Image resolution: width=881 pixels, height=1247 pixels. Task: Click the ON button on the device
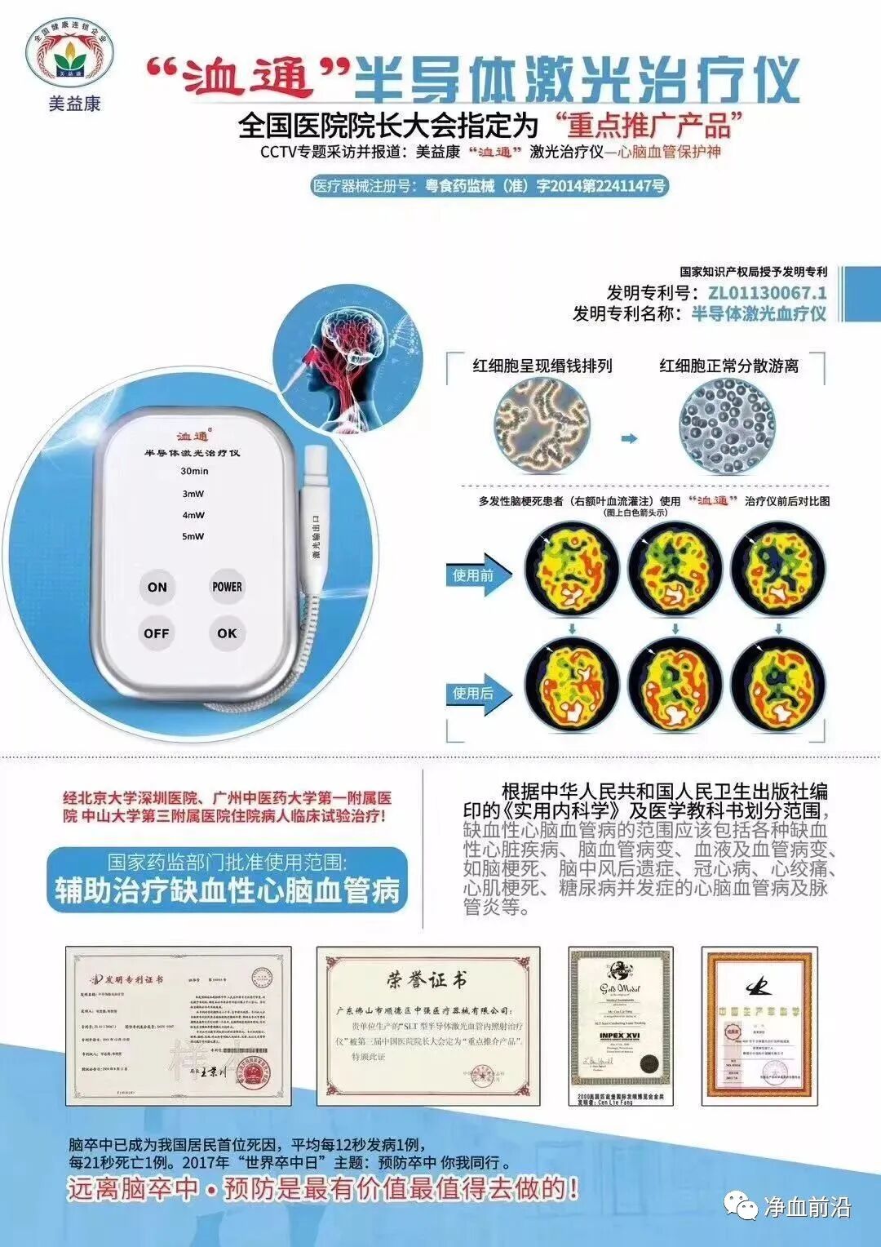(x=157, y=586)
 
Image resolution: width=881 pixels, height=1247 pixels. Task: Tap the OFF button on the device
(x=157, y=633)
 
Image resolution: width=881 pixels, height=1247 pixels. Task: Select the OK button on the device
(x=227, y=633)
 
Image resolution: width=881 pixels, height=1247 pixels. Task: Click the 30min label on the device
(x=194, y=471)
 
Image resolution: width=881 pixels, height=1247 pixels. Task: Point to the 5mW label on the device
(x=193, y=536)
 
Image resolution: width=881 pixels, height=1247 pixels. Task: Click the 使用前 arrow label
(x=475, y=575)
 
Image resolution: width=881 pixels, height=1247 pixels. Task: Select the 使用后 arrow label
(x=475, y=694)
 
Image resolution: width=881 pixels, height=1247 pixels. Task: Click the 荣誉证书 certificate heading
(x=427, y=979)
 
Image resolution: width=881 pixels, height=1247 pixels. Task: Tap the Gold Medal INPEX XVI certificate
(x=620, y=1026)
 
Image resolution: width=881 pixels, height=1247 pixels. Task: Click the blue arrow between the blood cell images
(x=628, y=438)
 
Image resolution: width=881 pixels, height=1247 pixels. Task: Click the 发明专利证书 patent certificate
(x=179, y=1026)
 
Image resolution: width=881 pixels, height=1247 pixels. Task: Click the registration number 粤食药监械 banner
(x=489, y=186)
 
